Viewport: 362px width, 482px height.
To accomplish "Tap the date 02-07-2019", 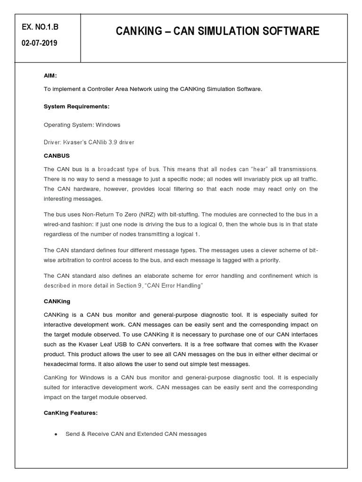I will point(40,43).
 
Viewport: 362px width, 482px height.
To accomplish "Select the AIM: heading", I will point(50,75).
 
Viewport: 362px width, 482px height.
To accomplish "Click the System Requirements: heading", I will point(76,106).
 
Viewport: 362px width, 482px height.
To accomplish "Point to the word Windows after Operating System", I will point(108,125).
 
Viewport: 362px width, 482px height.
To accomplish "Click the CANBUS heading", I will point(57,155).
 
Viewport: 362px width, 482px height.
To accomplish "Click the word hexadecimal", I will point(63,364).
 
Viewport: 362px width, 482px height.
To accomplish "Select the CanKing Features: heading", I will point(71,412).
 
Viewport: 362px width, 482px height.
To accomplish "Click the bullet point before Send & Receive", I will point(56,434).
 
